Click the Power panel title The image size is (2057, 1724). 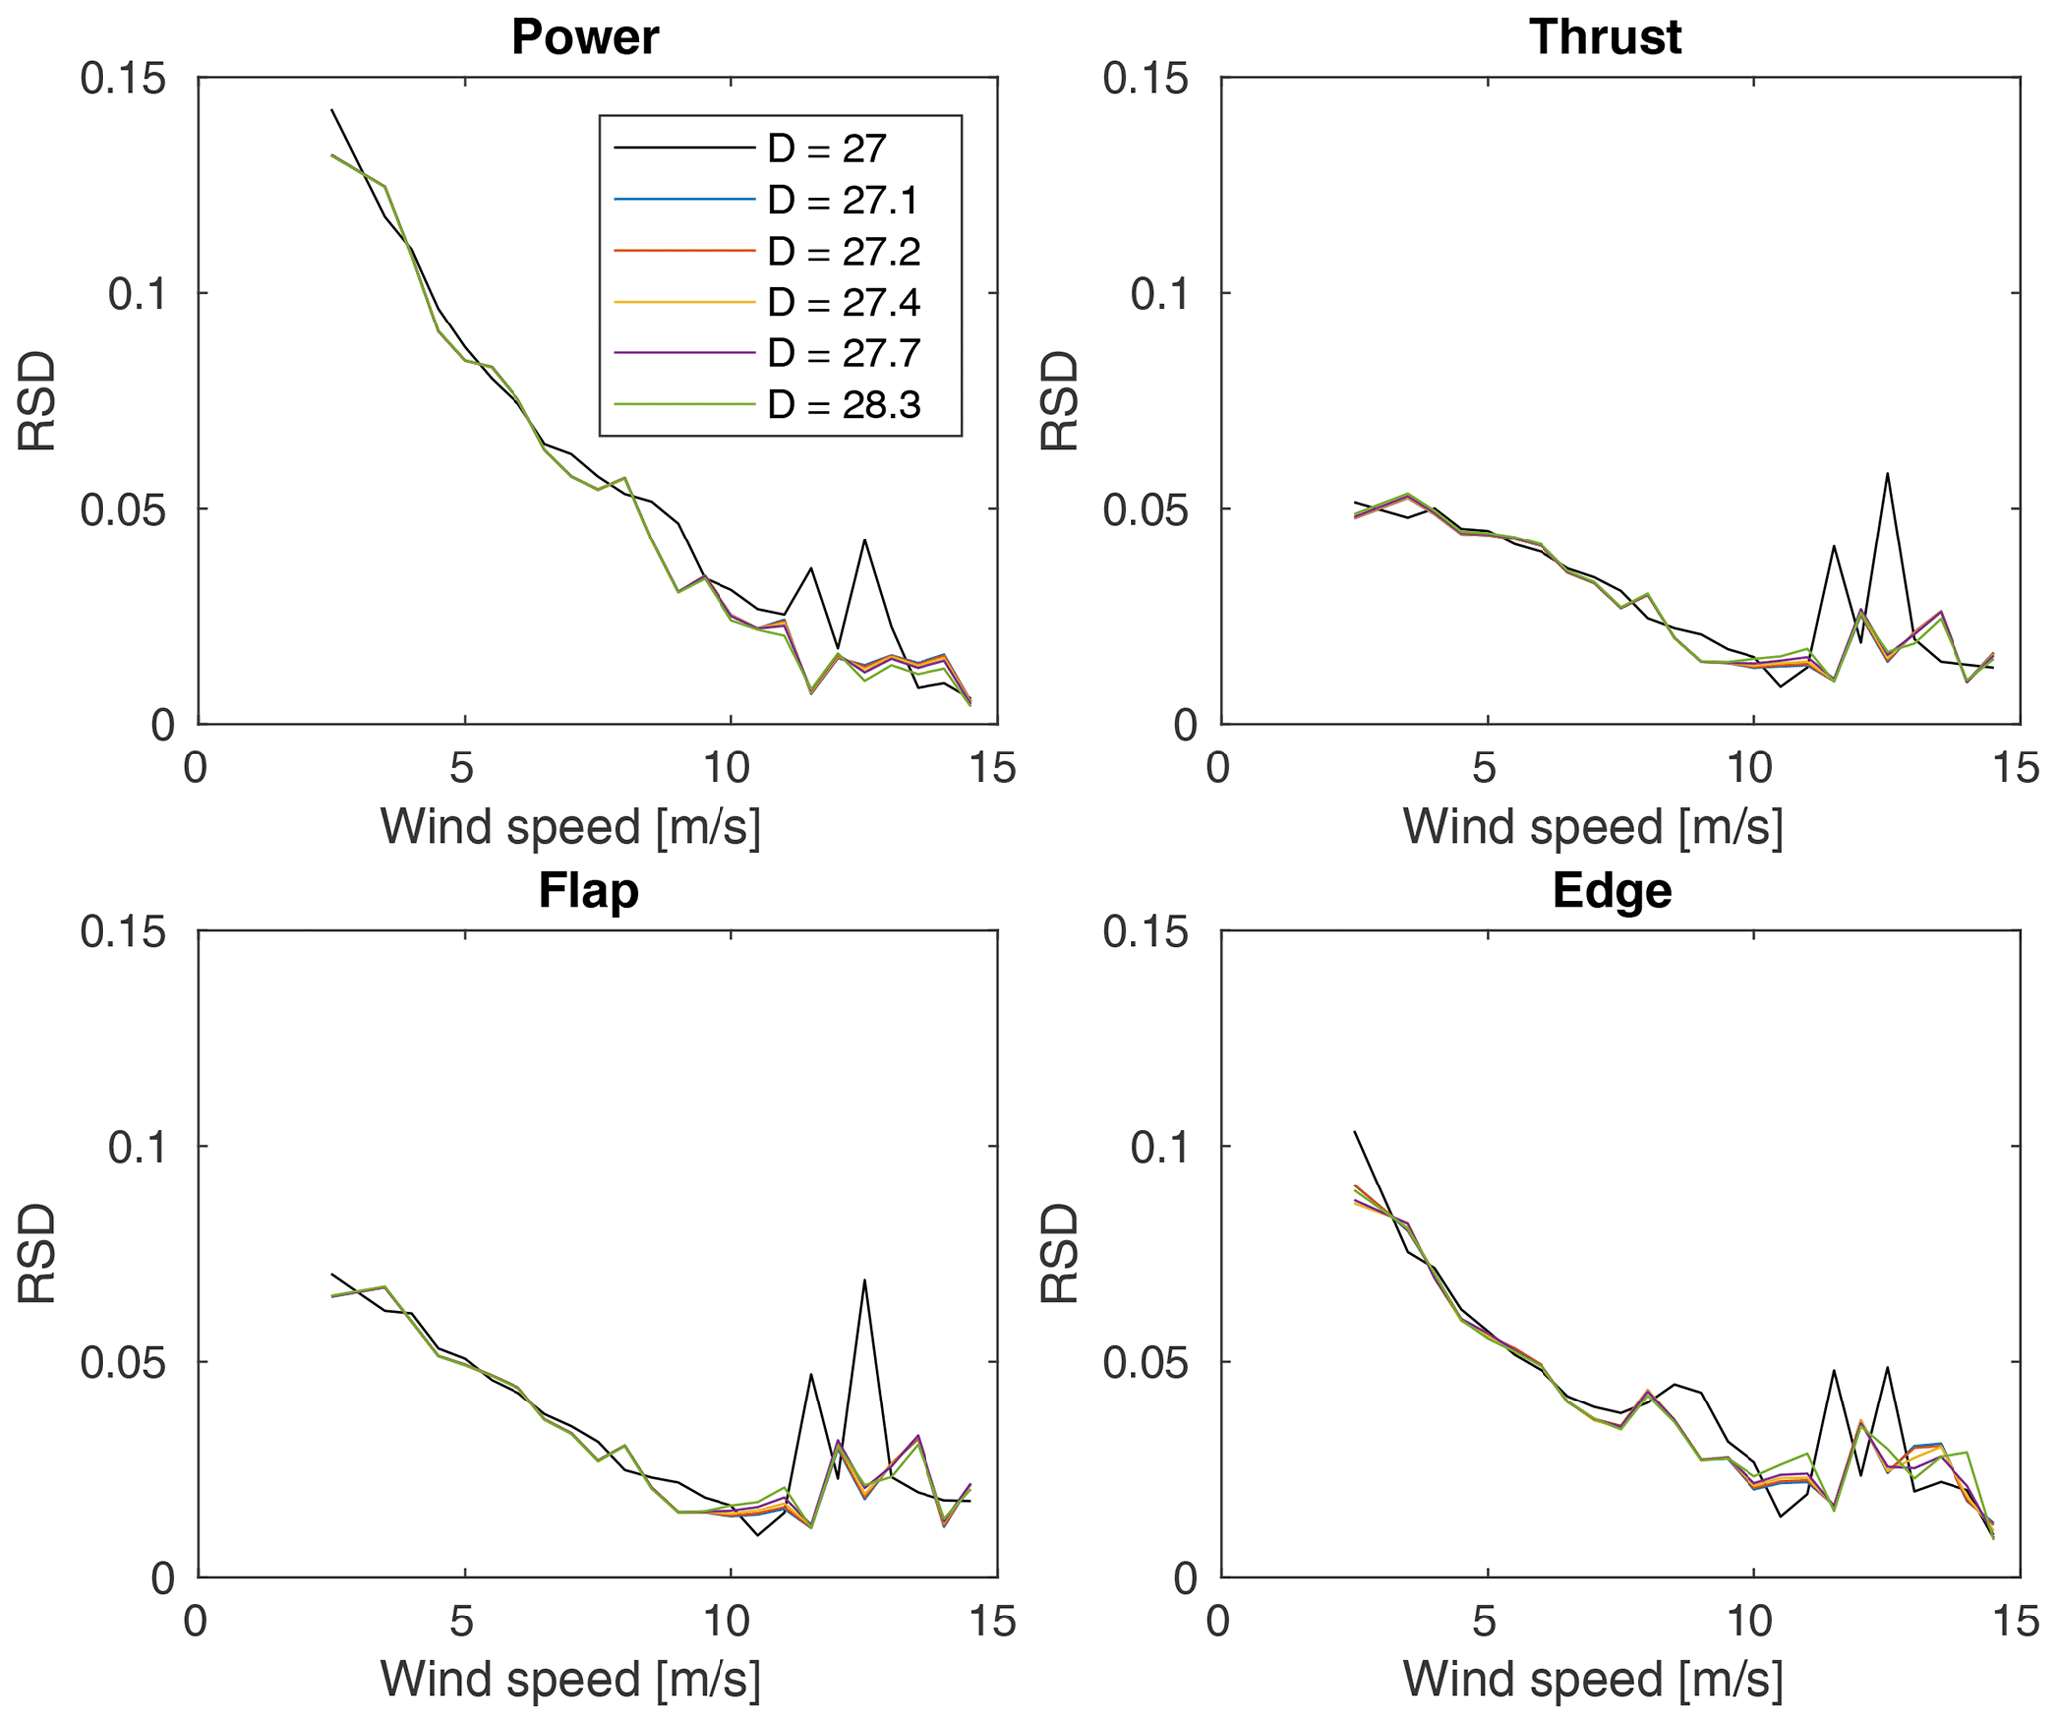[x=585, y=38]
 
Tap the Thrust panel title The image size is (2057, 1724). [x=1604, y=38]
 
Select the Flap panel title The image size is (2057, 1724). [x=588, y=890]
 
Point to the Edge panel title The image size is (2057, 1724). [x=1611, y=890]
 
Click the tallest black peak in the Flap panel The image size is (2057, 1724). [x=865, y=1280]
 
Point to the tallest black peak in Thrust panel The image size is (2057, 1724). [x=1887, y=474]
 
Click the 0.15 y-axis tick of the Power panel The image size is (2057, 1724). [x=123, y=78]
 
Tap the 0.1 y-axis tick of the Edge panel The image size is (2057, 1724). [x=1159, y=1147]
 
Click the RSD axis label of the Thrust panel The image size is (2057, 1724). [x=1060, y=401]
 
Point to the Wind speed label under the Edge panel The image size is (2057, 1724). [x=1592, y=1681]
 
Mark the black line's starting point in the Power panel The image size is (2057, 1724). [x=332, y=110]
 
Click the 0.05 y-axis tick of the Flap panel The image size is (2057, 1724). [x=123, y=1362]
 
